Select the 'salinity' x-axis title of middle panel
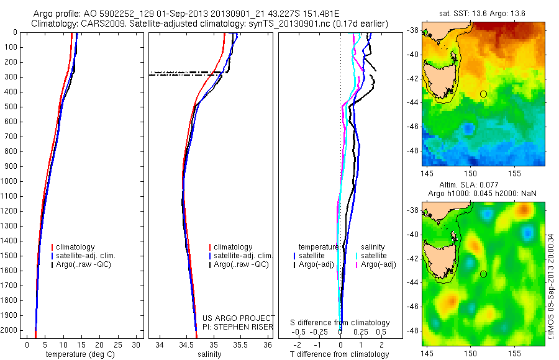coord(210,354)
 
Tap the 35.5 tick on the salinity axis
coord(240,344)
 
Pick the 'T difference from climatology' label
coord(339,354)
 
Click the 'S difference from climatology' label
coord(340,323)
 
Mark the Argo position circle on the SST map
coord(483,94)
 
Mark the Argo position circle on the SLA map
coord(483,274)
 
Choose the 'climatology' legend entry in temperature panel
coord(77,247)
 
